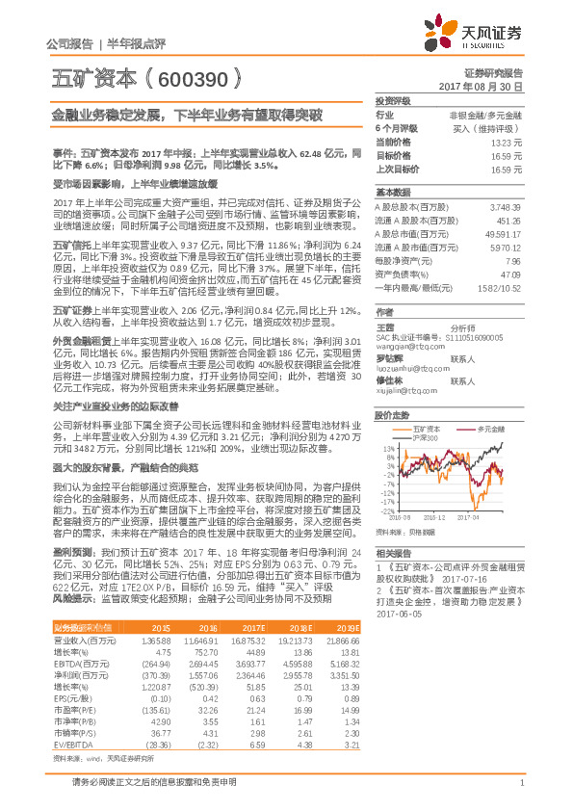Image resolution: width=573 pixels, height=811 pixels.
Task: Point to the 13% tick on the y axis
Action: point(389,448)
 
